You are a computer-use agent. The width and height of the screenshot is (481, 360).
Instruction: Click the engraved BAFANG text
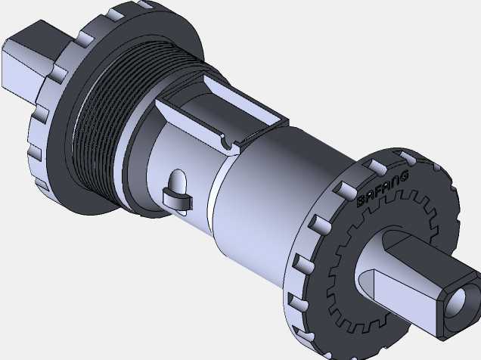pos(383,189)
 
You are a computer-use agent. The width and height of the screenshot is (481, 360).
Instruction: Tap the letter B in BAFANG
pos(362,202)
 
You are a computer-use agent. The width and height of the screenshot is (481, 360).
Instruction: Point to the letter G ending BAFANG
pos(405,175)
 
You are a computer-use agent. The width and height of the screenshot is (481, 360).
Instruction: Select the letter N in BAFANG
pos(396,181)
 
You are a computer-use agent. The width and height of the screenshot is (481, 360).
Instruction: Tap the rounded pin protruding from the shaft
pos(178,182)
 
